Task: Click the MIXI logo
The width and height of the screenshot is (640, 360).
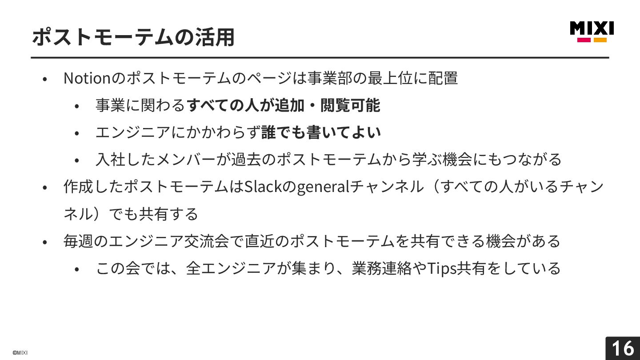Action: (x=592, y=28)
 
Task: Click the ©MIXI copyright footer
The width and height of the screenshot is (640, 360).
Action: (x=20, y=353)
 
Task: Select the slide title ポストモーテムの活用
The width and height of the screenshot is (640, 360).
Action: (x=133, y=37)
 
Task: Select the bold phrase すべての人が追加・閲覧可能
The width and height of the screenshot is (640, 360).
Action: (x=283, y=105)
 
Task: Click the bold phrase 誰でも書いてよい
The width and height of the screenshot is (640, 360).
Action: (x=321, y=132)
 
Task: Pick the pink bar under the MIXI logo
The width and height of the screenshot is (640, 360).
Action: (x=584, y=40)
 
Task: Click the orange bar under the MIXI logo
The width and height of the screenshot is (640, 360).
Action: (x=600, y=40)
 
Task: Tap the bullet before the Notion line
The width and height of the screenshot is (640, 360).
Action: (x=44, y=79)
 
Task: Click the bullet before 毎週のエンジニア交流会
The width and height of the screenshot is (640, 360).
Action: (x=44, y=242)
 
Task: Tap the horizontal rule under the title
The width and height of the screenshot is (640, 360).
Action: (x=320, y=58)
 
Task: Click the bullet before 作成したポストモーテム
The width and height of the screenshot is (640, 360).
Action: (x=44, y=188)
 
